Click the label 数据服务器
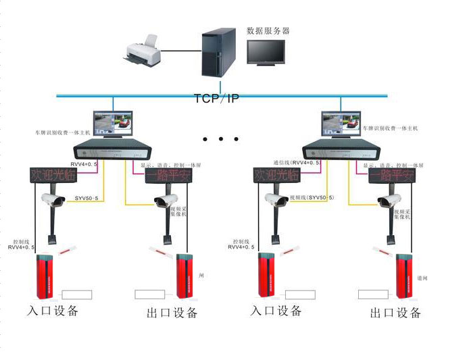click(268, 31)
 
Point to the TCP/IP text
click(216, 99)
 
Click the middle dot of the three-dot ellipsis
click(221, 140)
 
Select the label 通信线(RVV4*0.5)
click(296, 163)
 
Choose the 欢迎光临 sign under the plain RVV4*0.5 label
click(53, 175)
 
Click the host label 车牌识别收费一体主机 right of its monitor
click(390, 127)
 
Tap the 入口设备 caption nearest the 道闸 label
click(276, 311)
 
